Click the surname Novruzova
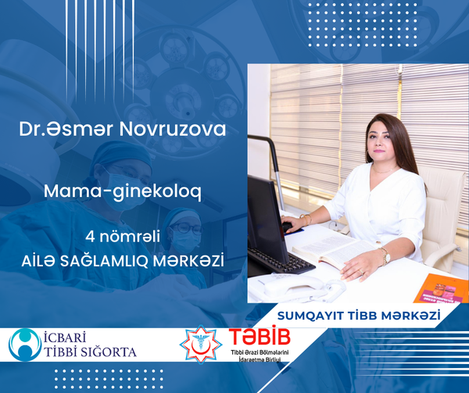(173, 129)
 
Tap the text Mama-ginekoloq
(123, 191)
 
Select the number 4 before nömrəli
(90, 237)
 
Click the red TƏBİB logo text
(260, 337)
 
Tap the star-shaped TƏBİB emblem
(201, 344)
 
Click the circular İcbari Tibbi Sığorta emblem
(25, 345)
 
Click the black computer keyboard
(281, 261)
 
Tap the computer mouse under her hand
(288, 227)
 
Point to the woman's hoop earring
(367, 156)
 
